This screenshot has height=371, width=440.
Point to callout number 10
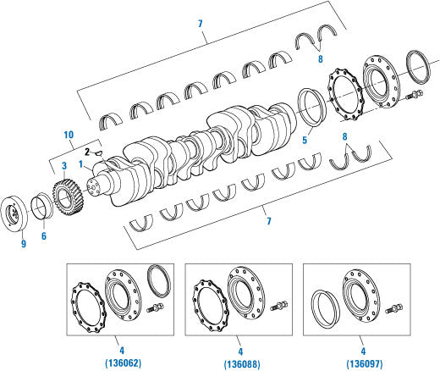tap(69, 134)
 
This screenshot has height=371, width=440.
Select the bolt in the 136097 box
tap(393, 311)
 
